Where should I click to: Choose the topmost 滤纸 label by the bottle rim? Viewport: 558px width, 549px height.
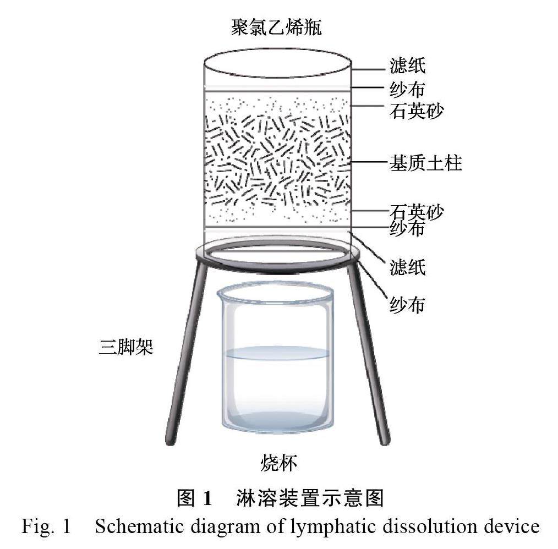[x=407, y=67]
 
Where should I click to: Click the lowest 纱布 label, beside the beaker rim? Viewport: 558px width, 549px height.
[x=407, y=304]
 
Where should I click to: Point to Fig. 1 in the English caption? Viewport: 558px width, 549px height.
[x=46, y=526]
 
